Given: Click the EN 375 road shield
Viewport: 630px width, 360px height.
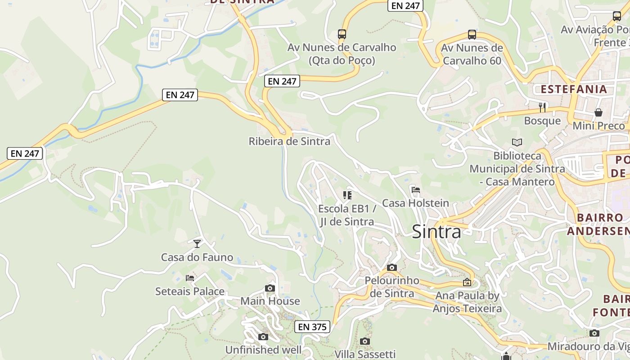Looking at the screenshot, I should [313, 327].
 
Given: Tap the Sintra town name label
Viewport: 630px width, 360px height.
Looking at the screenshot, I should [436, 232].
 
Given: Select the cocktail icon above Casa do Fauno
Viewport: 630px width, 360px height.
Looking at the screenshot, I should [197, 244].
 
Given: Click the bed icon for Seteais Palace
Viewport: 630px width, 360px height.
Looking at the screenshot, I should [190, 278].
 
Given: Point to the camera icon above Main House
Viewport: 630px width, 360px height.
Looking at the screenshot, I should [270, 288].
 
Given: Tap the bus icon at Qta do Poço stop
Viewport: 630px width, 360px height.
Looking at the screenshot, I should [342, 34].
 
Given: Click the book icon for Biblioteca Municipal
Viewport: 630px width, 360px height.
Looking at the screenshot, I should [517, 142].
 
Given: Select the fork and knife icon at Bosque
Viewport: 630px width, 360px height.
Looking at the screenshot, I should [543, 107].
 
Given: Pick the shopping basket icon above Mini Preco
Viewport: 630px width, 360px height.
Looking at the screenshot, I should [598, 112].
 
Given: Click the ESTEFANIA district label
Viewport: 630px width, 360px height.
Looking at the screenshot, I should [574, 89].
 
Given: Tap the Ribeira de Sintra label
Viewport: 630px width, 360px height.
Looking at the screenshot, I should [289, 141].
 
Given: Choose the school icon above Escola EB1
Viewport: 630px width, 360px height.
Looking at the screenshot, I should [347, 195].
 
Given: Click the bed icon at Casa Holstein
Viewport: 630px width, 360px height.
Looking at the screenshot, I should [416, 190].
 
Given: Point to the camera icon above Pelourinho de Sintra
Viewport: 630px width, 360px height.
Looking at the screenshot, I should [392, 267].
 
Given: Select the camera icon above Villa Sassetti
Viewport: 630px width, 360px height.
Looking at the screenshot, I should [365, 341].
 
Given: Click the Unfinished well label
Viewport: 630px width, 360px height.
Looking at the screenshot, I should [263, 350].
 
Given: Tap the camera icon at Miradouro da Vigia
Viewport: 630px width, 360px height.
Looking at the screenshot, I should [594, 333].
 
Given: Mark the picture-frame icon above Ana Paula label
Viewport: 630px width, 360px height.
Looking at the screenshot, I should [467, 283].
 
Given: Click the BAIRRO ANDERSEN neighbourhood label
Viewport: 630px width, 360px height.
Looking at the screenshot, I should [598, 224].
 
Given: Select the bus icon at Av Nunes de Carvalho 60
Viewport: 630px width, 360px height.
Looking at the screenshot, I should [472, 34].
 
